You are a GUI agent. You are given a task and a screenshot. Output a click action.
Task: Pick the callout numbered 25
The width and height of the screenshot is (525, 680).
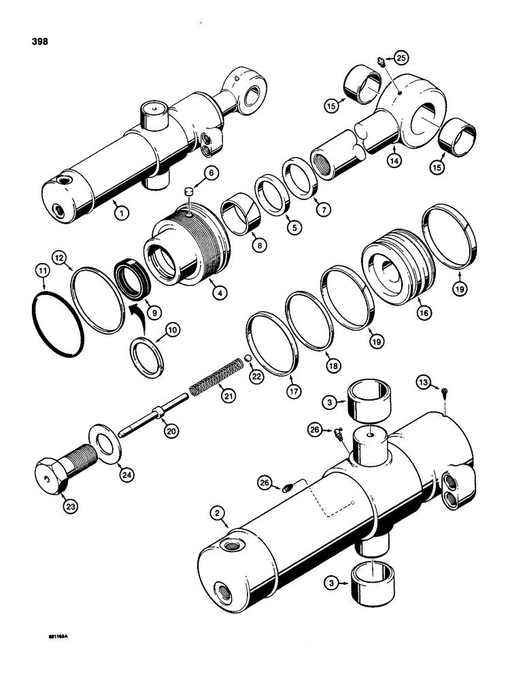point(401,58)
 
